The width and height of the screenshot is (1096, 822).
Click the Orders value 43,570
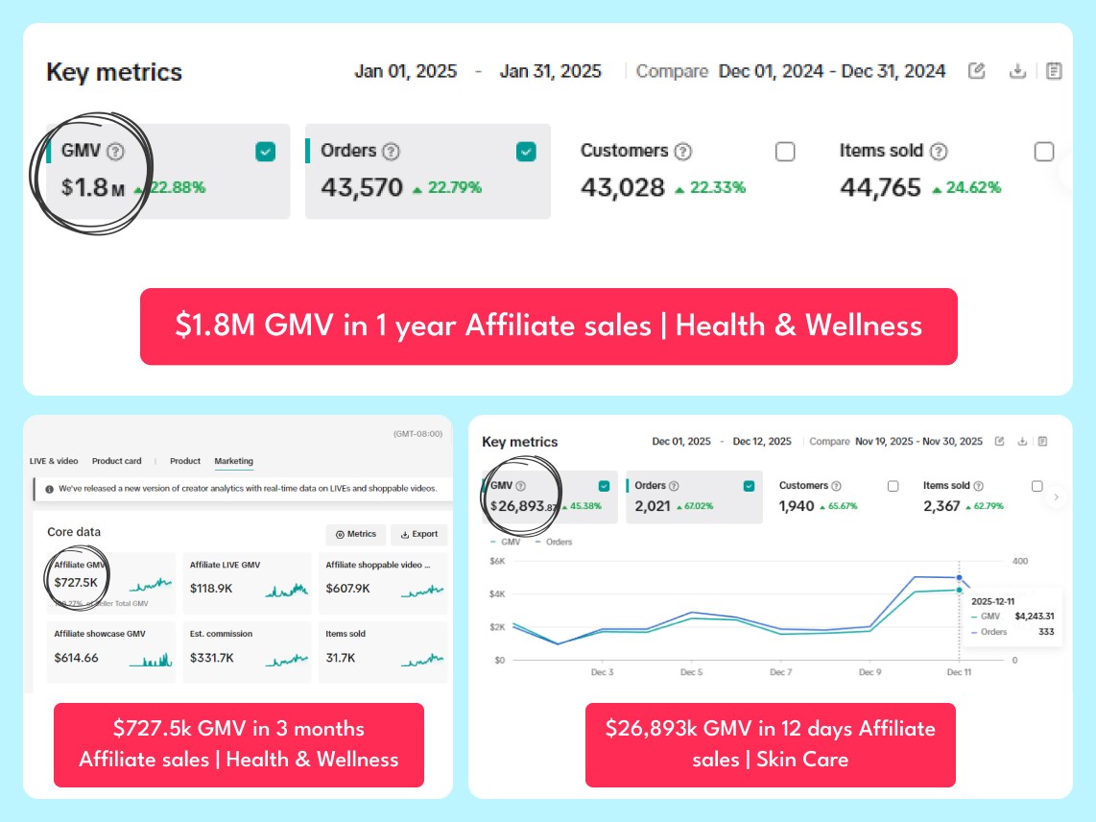362,187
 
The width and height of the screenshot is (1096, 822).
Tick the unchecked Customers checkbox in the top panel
785,152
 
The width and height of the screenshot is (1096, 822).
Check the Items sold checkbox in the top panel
1044,152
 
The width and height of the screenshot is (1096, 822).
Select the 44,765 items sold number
880,187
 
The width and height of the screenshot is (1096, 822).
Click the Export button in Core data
419,535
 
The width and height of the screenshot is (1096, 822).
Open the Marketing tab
233,461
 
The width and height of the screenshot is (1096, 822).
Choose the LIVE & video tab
54,461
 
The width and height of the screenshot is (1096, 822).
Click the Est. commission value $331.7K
211,658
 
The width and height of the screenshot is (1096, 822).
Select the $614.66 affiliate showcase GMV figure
77,658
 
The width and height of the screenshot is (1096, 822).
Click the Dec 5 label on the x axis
691,672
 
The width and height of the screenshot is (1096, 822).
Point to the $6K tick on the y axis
497,561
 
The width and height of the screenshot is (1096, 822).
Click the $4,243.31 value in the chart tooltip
1036,616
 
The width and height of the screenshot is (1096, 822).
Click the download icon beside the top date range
1017,71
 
